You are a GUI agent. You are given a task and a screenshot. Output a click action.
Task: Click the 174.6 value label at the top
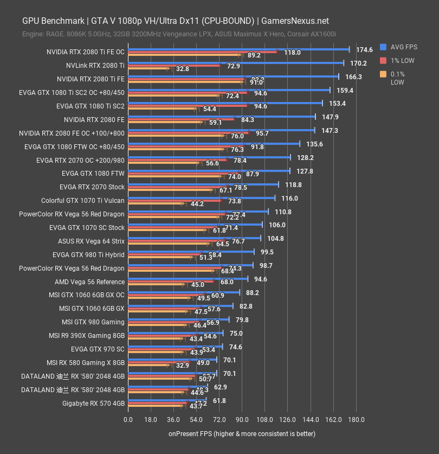(364, 50)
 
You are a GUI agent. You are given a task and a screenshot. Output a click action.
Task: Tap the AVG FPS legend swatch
(383, 47)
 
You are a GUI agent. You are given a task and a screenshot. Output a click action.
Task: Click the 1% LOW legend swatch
(383, 60)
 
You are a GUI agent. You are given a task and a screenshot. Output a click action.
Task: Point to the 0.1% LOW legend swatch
(383, 74)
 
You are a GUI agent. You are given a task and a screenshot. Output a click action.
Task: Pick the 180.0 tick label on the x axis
(356, 420)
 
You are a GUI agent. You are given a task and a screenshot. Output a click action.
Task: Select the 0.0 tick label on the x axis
(128, 420)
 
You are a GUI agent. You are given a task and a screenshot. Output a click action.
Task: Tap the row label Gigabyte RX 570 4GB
(93, 403)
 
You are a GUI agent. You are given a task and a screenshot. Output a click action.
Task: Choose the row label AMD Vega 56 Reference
(89, 282)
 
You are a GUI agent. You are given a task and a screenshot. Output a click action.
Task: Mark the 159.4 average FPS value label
(345, 91)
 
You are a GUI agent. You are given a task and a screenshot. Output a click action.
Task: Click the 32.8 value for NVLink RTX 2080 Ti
(182, 69)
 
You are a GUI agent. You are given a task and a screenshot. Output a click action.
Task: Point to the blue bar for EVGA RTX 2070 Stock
(203, 184)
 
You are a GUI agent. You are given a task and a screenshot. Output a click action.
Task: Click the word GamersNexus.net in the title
(295, 21)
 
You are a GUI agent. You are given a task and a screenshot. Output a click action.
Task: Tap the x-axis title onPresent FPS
(242, 434)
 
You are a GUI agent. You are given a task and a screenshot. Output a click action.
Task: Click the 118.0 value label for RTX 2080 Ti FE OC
(292, 53)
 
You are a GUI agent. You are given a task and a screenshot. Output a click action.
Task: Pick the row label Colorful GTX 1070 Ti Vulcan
(83, 201)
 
